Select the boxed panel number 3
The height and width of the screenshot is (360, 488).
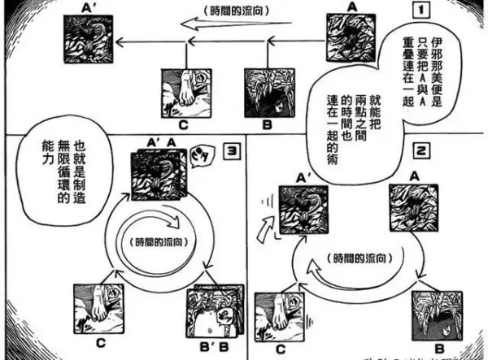231,151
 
